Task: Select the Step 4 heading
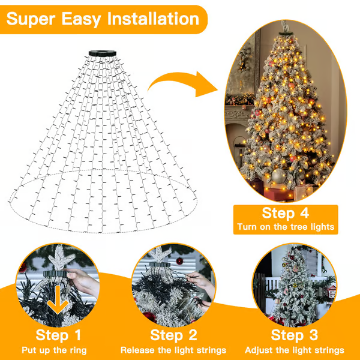click(285, 213)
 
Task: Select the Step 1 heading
click(59, 335)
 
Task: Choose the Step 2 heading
click(174, 335)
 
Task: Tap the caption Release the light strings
click(174, 350)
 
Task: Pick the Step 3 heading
click(295, 335)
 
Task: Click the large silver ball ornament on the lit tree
click(280, 176)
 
